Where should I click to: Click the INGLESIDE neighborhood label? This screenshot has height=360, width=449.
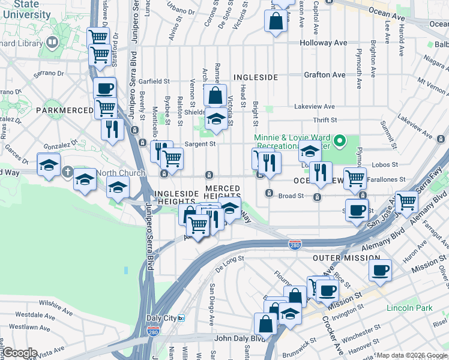(255, 77)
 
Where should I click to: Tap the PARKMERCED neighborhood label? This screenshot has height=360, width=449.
(64, 110)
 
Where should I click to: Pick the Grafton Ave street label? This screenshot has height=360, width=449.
(325, 75)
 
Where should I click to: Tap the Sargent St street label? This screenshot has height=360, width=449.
(200, 144)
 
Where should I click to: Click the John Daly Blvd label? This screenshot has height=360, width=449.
(240, 338)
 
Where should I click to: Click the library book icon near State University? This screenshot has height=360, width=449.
(52, 42)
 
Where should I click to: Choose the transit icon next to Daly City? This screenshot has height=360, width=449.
(181, 318)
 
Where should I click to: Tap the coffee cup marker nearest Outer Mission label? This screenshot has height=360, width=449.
(380, 271)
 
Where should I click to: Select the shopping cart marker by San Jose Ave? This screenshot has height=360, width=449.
(406, 201)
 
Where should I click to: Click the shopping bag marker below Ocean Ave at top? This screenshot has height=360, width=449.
(275, 22)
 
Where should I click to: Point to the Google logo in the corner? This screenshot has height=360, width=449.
(20, 353)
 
